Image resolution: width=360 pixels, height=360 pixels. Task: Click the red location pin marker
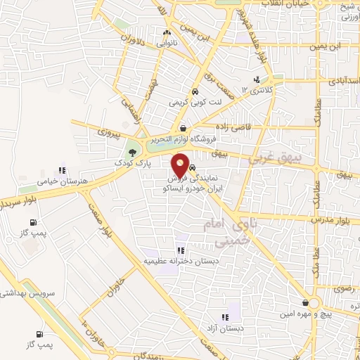(182, 166)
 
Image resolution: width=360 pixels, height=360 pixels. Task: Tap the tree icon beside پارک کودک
(132, 151)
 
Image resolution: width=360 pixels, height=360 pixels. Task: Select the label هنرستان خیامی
(48, 181)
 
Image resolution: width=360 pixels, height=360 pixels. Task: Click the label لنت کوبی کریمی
(194, 103)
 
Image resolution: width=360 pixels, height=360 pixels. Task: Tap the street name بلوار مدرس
(344, 221)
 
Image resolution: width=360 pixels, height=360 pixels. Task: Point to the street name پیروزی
(110, 131)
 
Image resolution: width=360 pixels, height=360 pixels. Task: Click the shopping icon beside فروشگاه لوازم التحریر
(183, 129)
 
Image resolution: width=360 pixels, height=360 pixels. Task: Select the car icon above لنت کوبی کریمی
(194, 92)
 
